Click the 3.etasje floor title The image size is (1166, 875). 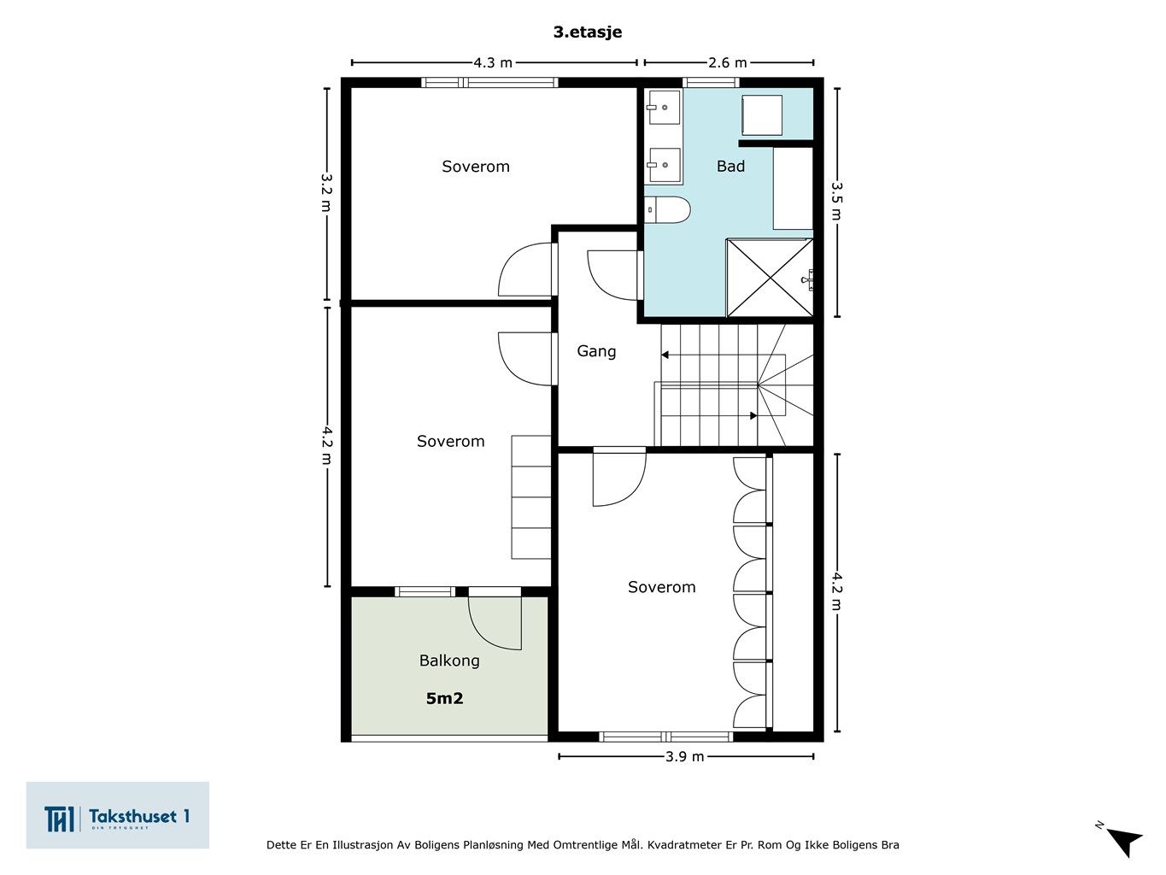(588, 32)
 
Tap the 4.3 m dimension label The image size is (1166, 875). (493, 63)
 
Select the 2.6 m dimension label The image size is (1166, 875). (728, 63)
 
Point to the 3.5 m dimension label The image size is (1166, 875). (836, 202)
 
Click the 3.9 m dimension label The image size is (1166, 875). (685, 756)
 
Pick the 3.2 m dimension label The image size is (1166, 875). (326, 193)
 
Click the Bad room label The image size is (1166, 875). (730, 167)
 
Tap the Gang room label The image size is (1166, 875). (596, 352)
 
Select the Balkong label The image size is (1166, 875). (449, 661)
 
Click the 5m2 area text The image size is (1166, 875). (445, 698)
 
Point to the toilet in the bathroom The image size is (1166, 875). (667, 209)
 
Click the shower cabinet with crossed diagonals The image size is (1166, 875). (770, 278)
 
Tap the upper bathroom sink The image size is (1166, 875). (663, 108)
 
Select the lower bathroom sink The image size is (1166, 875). (663, 165)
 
